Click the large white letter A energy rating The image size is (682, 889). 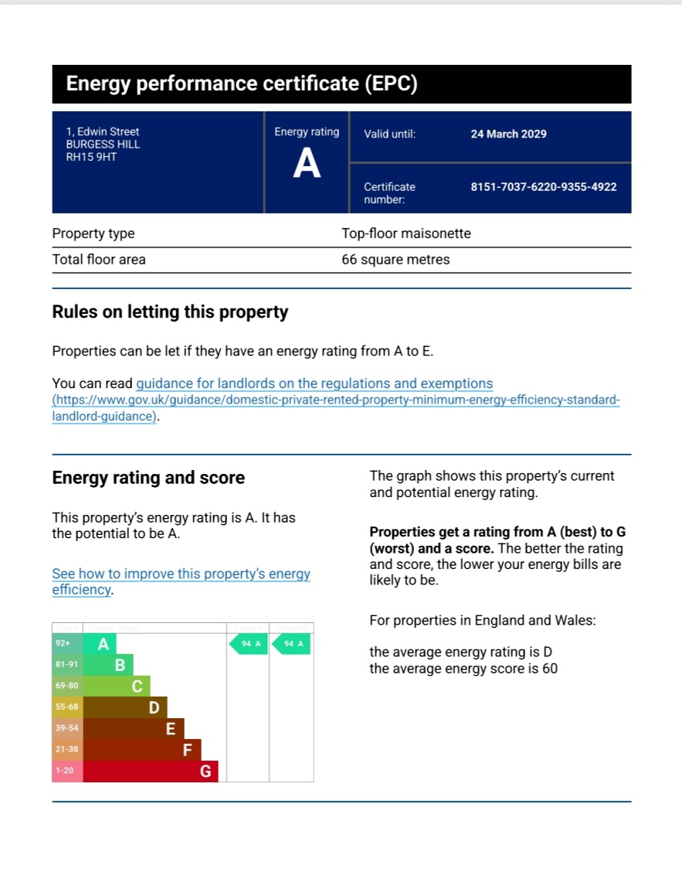coord(307,165)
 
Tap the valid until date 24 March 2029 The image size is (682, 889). coord(508,134)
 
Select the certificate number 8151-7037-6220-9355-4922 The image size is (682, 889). coord(543,186)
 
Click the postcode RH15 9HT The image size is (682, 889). coord(91,157)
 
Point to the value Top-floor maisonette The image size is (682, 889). coord(405,233)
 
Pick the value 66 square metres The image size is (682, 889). coord(395,260)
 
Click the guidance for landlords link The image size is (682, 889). coord(314,383)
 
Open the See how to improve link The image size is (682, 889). coord(181,574)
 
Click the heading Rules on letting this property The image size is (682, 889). coord(170,312)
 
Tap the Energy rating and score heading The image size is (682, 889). coord(148,478)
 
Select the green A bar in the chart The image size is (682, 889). coord(100,643)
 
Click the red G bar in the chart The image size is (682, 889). coord(151,771)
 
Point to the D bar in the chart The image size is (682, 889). coord(125,707)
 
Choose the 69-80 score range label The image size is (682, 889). coord(67,686)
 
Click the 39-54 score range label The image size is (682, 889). coord(67,729)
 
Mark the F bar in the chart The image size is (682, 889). coord(142,750)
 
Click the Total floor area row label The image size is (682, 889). coord(99,260)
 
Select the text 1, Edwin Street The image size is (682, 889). coord(103,132)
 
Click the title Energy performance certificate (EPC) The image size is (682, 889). coord(242,84)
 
